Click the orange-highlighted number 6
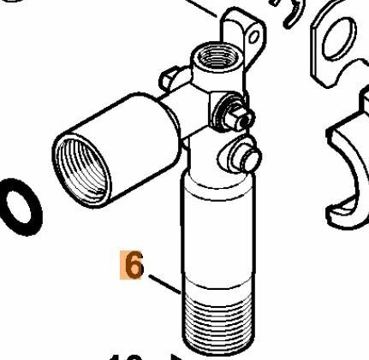pos(134,264)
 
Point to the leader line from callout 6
pos(162,282)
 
